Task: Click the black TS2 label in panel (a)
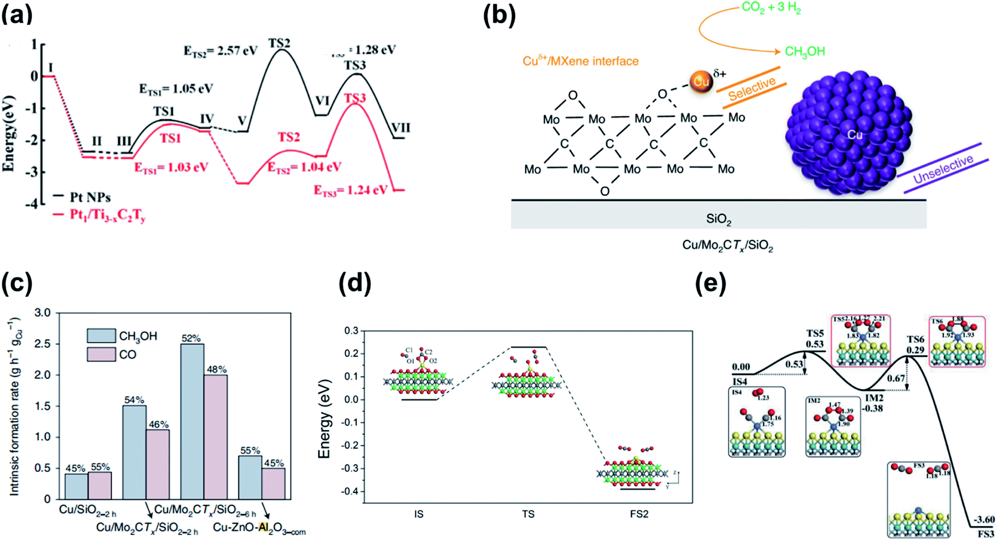pos(279,44)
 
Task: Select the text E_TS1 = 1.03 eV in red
pos(171,168)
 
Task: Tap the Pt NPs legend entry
pos(90,197)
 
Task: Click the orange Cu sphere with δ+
pos(701,82)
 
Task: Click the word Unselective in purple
pos(943,169)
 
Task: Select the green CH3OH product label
pos(804,52)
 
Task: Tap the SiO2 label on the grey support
pos(718,219)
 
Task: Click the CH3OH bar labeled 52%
pos(192,421)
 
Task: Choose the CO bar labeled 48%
pos(215,437)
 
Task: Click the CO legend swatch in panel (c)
pos(101,354)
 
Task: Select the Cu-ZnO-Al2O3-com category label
pos(259,528)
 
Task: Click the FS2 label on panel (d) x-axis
pos(639,514)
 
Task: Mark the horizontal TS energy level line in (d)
pos(528,347)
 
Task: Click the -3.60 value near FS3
pos(984,519)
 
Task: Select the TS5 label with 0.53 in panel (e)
pos(815,339)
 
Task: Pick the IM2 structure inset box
pos(833,427)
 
